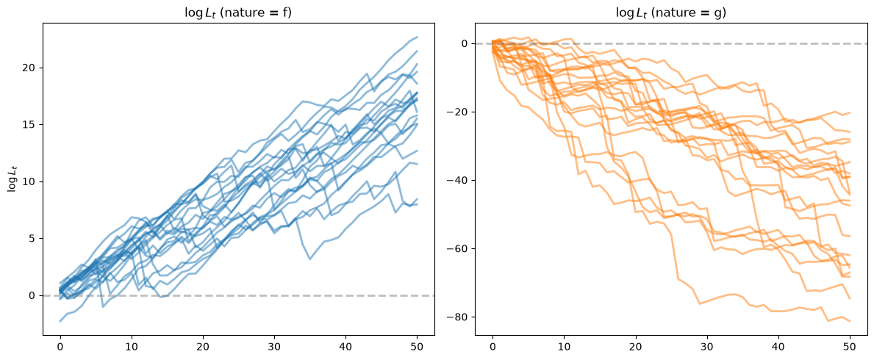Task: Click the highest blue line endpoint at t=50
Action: coord(417,37)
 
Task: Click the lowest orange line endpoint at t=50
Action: coord(850,321)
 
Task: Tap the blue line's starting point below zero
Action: coord(60,321)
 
